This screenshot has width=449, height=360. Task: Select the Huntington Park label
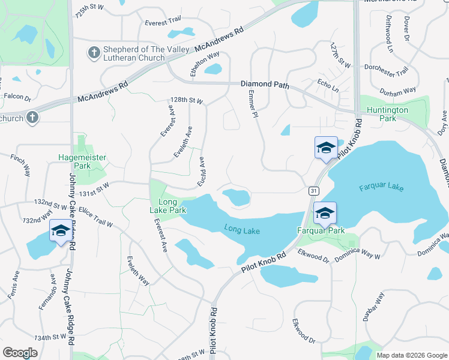(x=388, y=114)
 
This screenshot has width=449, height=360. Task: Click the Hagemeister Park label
(x=82, y=161)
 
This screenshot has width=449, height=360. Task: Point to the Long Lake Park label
(x=167, y=206)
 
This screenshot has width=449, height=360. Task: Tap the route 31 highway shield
(x=313, y=190)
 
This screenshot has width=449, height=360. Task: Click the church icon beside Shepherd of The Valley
(x=93, y=53)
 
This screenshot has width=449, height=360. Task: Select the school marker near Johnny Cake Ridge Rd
(x=60, y=231)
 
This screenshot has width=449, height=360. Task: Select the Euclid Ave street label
(x=202, y=171)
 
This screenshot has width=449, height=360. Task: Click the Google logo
(x=20, y=353)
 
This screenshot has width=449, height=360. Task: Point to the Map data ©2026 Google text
(x=411, y=355)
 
